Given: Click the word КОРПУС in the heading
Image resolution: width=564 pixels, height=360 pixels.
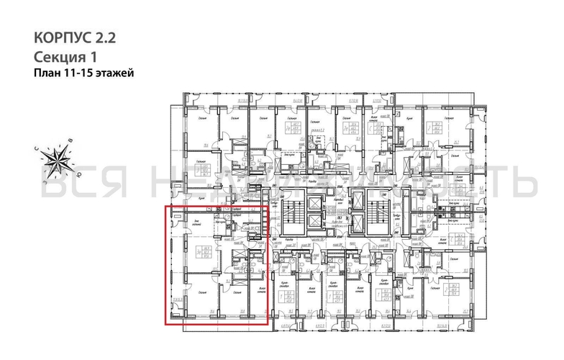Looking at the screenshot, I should tap(60, 37).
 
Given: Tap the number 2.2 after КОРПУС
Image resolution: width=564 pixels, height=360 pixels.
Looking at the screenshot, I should tap(102, 37).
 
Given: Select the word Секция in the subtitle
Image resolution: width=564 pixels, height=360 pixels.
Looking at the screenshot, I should tap(57, 56).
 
